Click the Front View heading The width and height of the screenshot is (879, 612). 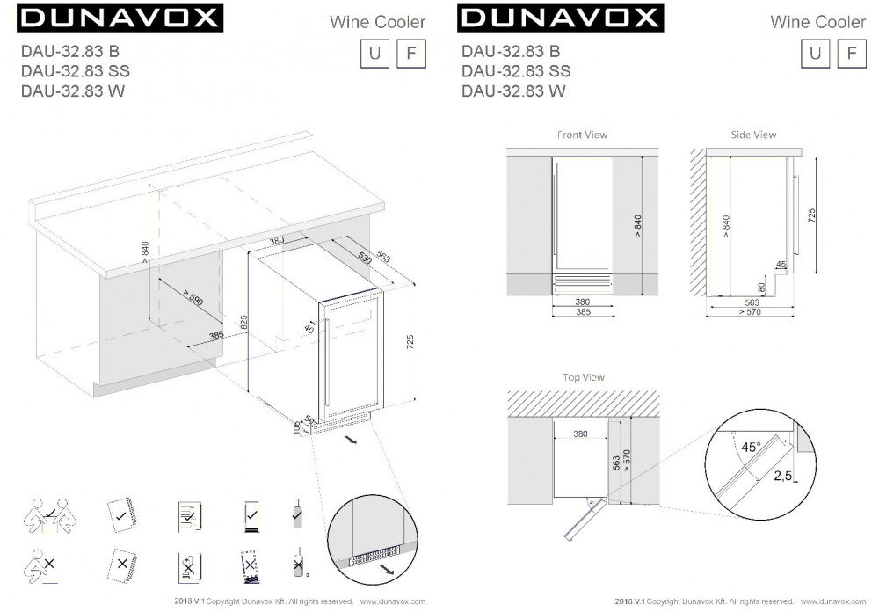click(582, 135)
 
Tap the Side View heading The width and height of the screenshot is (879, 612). click(753, 135)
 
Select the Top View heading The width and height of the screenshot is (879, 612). click(584, 377)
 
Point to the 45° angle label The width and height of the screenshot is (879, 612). click(752, 447)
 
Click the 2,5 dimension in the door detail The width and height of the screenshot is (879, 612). click(783, 476)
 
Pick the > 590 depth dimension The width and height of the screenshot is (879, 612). click(193, 298)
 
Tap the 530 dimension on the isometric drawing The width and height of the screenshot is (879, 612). click(365, 258)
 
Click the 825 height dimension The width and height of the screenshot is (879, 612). click(243, 323)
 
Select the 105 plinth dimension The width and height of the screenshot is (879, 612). click(296, 427)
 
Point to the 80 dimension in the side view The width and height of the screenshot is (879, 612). click(761, 288)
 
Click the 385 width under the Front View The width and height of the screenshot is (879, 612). click(583, 312)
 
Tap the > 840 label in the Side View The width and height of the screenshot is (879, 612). click(726, 226)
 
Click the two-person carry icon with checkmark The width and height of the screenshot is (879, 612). click(50, 515)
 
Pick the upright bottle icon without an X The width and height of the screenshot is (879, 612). click(298, 514)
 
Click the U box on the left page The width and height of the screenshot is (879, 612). click(374, 54)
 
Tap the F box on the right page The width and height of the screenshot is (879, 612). click(852, 54)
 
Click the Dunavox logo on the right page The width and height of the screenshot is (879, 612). click(560, 18)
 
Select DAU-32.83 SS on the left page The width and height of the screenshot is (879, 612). click(75, 71)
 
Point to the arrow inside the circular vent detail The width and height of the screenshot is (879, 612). click(385, 570)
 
